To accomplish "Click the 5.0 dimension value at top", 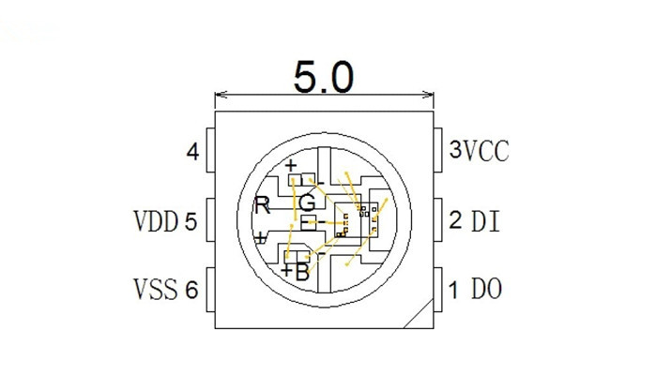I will click(324, 76).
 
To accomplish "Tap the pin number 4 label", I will click(192, 152).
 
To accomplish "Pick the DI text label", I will click(485, 221).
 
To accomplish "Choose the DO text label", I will click(485, 289).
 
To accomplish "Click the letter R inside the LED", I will click(263, 206).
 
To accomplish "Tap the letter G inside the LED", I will click(307, 202).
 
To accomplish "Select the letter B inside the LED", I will click(301, 273).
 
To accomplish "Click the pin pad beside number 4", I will click(210, 150).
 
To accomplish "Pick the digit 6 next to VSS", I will click(191, 291).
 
